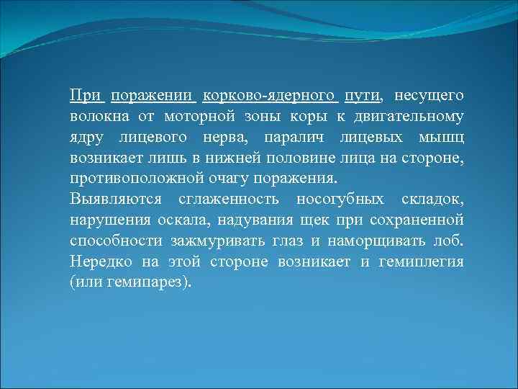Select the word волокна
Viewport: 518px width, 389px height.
point(97,116)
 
